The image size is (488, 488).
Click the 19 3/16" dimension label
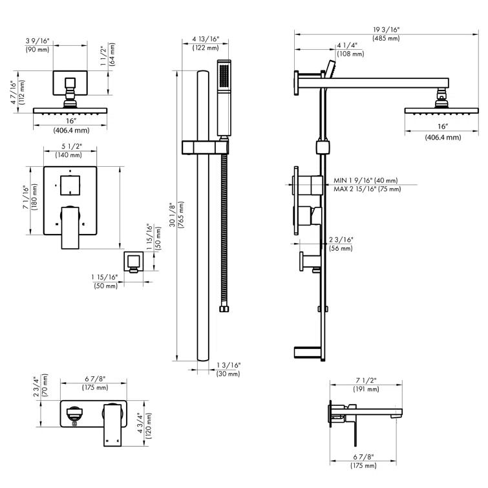pyautogui.click(x=387, y=30)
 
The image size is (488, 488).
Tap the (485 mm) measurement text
pyautogui.click(x=386, y=39)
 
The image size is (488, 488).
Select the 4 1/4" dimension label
pyautogui.click(x=346, y=46)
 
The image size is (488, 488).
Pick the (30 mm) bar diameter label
pyautogui.click(x=228, y=374)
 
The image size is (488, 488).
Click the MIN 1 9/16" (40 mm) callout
pyautogui.click(x=366, y=180)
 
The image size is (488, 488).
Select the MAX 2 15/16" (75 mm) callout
pyautogui.click(x=367, y=189)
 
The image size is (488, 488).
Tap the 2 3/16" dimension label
pyautogui.click(x=340, y=239)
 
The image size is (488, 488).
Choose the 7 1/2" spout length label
pyautogui.click(x=365, y=381)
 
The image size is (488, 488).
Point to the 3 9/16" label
pyautogui.click(x=38, y=41)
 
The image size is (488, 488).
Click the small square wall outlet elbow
pyautogui.click(x=133, y=261)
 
